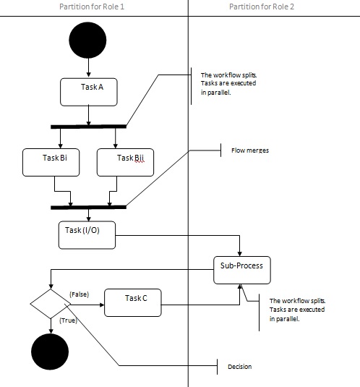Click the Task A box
(89, 92)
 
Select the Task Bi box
(51, 162)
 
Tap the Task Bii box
(125, 162)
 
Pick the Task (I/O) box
(87, 235)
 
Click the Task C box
(133, 302)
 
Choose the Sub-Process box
(242, 270)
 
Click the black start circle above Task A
(87, 41)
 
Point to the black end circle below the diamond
(50, 352)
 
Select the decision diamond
(51, 304)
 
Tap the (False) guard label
(79, 294)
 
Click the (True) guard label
(68, 320)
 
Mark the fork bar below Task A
(88, 127)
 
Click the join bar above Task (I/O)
(88, 208)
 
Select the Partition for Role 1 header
(92, 7)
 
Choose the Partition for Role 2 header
(262, 7)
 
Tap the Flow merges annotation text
(250, 150)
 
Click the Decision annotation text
(240, 367)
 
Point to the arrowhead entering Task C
(102, 305)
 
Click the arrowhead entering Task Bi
(61, 146)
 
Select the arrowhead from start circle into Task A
(88, 75)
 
